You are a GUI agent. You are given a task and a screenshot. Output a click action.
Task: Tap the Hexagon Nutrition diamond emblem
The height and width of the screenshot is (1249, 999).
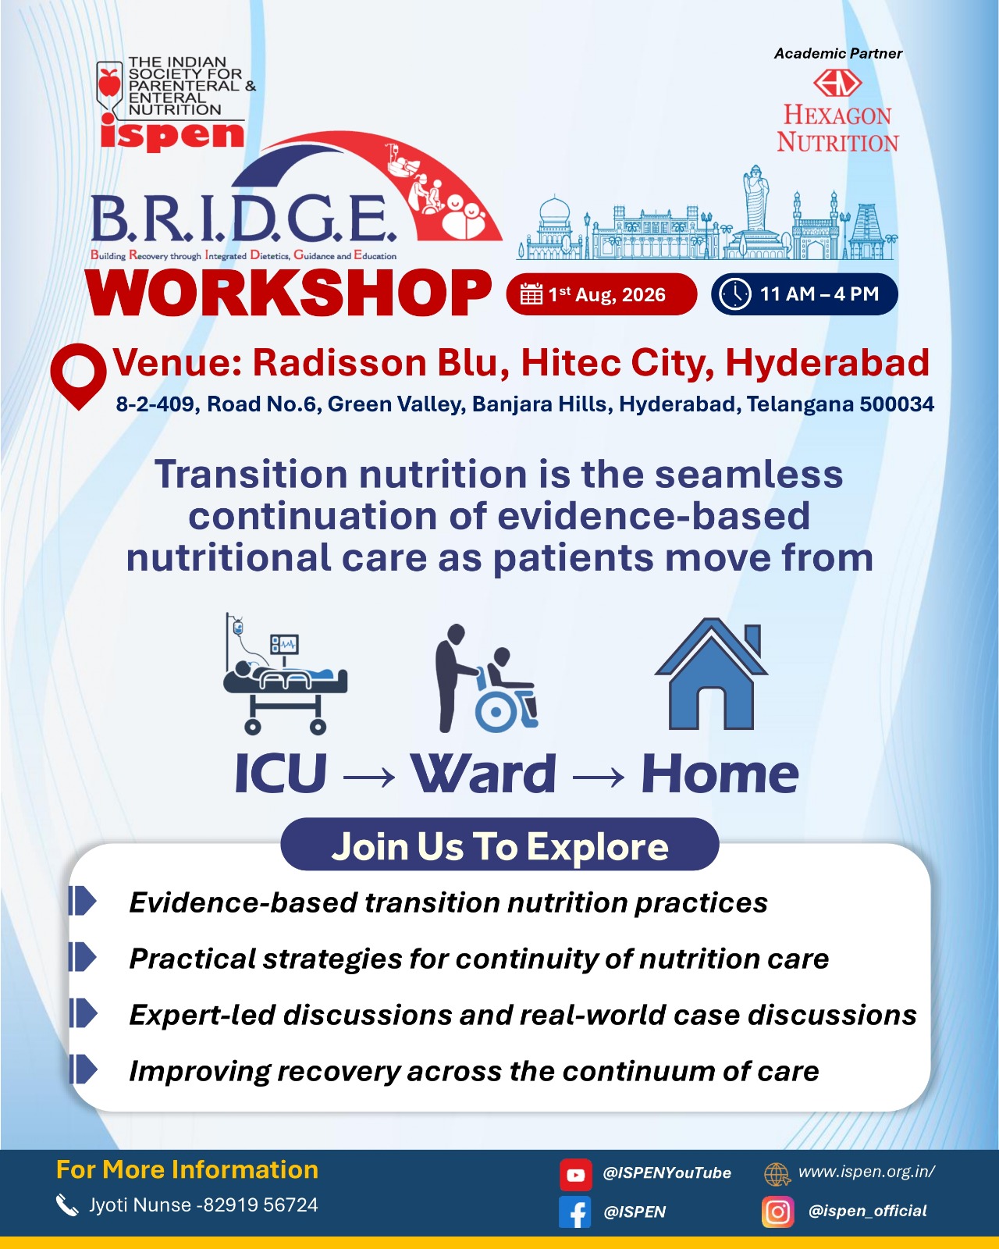pos(837,83)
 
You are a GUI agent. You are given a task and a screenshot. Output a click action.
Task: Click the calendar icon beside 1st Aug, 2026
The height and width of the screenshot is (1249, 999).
pos(531,294)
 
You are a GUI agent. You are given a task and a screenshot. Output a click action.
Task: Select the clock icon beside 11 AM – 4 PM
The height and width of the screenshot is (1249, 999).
pos(735,294)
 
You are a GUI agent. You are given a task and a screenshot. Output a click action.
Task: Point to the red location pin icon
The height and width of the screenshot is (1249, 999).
pos(78,376)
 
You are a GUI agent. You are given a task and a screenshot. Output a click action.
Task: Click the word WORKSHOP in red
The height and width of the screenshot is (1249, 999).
pos(289,293)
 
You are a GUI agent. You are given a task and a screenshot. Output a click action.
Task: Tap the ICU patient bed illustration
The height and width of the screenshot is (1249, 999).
pos(285,674)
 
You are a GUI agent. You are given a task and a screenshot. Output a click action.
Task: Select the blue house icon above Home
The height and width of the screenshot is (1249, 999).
pos(711,673)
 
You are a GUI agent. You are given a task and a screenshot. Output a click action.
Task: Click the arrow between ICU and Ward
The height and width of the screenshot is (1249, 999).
pos(369,777)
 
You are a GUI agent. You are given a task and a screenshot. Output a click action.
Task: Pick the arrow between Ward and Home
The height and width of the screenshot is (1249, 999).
pos(599,777)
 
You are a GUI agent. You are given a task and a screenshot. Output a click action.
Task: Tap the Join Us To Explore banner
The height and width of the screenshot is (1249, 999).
pos(499,845)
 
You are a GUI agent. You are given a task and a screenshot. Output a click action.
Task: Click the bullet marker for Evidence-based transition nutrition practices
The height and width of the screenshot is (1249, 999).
pos(83,902)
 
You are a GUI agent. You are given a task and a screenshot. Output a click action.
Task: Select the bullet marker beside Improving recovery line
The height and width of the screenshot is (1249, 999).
pos(83,1069)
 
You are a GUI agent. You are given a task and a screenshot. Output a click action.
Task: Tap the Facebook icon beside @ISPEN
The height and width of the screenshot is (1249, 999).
pos(574,1212)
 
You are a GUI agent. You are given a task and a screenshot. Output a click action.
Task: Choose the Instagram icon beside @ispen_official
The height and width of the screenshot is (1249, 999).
pos(778,1212)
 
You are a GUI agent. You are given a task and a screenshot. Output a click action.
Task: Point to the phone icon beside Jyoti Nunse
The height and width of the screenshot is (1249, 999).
pos(67,1205)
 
